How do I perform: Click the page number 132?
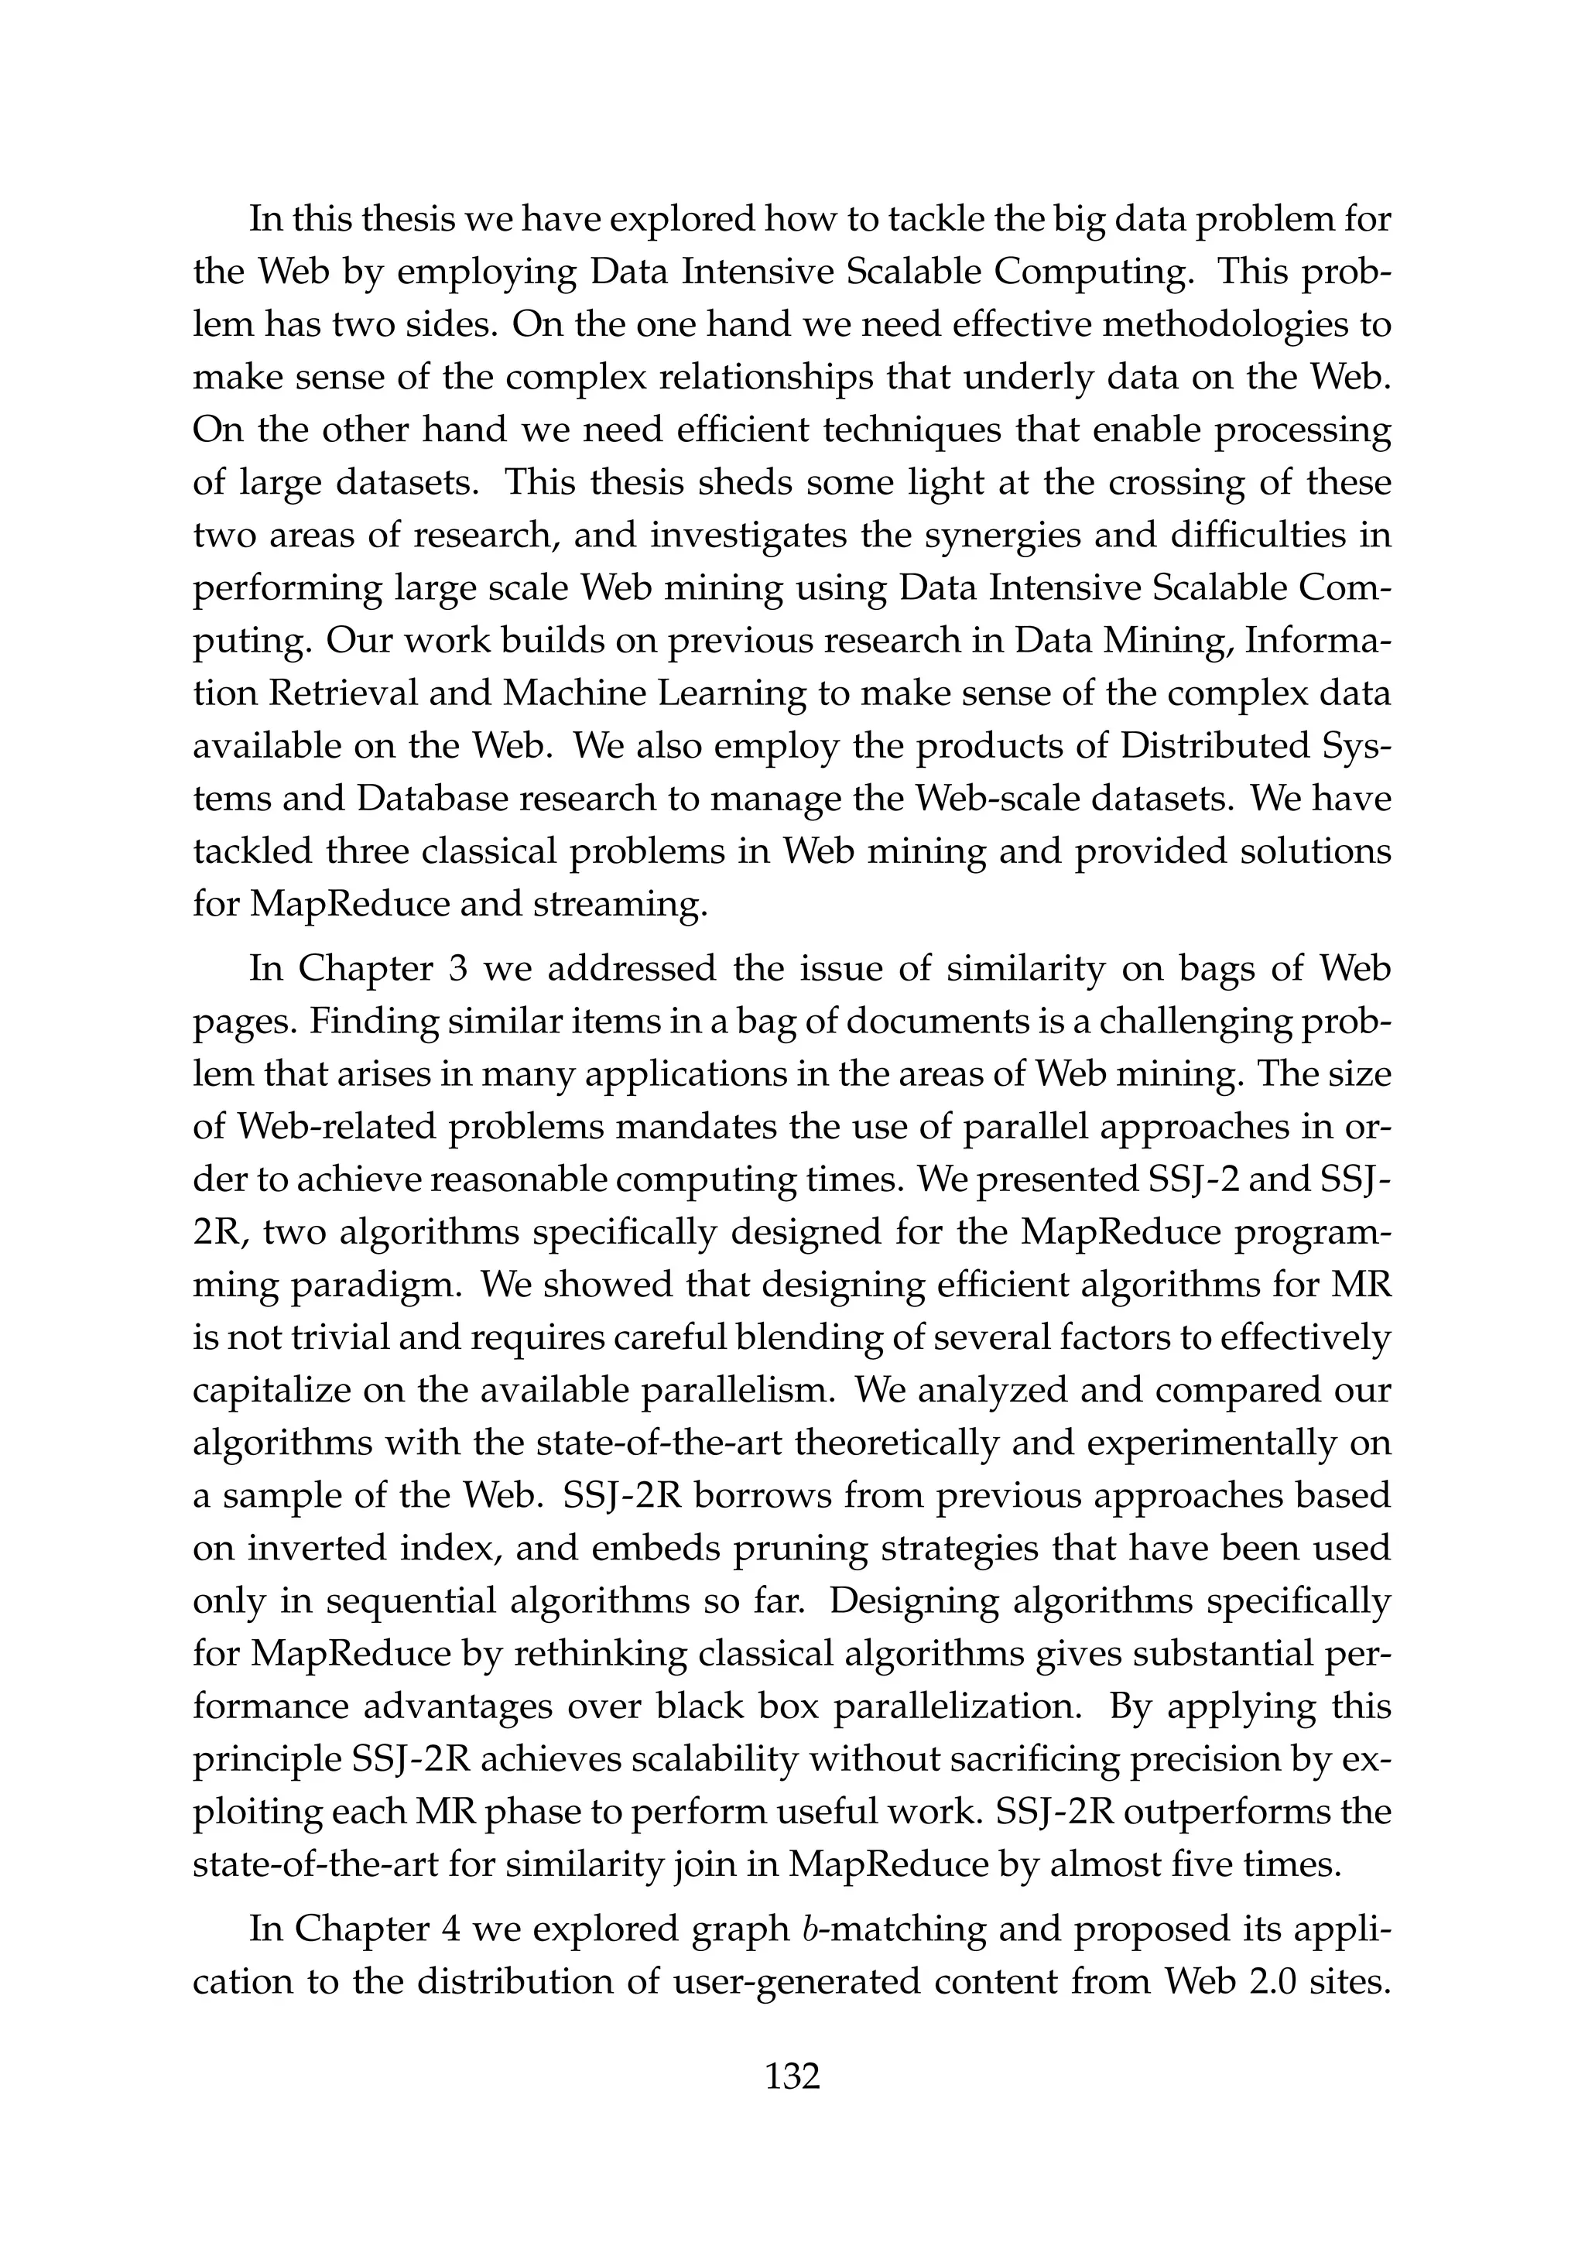(x=792, y=2075)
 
